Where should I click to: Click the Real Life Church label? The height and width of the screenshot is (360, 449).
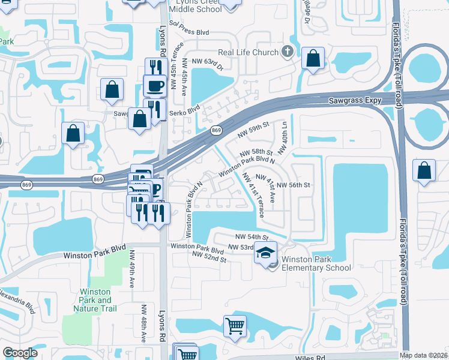pos(248,53)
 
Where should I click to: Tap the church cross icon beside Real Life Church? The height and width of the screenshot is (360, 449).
pos(287,52)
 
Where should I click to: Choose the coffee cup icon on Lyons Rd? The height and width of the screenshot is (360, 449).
pos(154,86)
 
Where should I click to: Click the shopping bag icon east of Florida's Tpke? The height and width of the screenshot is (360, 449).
pos(424,170)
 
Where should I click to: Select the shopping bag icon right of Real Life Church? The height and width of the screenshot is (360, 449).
pos(313,59)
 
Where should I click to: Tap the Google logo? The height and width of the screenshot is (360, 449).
pos(20,353)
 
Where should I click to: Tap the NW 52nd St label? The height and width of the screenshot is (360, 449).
pos(209,255)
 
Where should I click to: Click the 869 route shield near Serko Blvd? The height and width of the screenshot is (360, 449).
pos(217,130)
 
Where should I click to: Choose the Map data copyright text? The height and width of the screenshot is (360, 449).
pos(424,355)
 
